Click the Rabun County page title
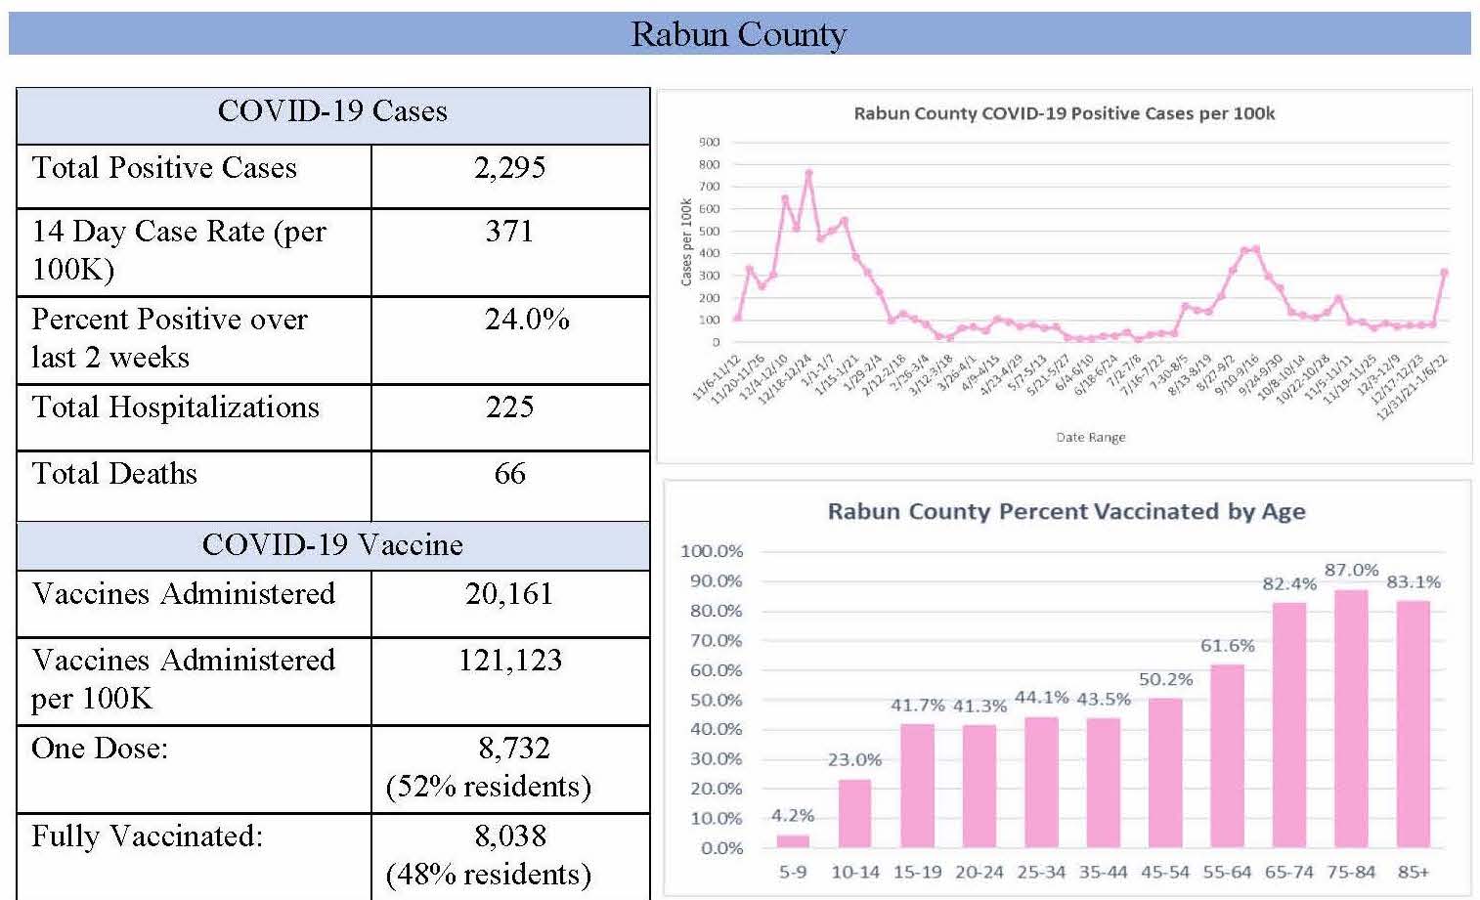738,34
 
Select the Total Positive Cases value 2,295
509,168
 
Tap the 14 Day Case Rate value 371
509,232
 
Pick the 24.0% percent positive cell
527,320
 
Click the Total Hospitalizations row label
176,407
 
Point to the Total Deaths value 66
509,474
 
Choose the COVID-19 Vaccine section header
332,545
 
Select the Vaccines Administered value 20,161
509,594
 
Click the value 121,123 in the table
510,661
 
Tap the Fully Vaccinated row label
148,836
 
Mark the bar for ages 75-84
1351,718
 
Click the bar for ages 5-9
793,840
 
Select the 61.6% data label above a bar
1227,646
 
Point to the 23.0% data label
854,759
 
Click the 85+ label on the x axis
1413,872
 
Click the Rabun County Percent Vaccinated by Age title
1066,511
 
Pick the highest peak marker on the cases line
808,173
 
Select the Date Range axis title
1091,437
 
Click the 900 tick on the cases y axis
709,143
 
